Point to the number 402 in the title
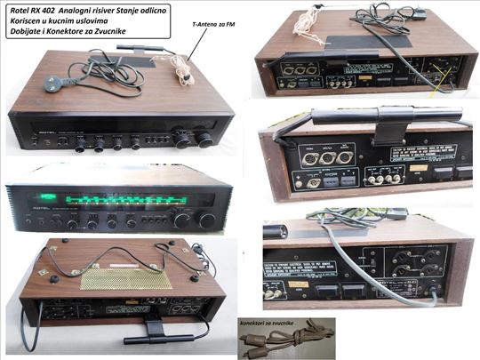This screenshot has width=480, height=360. click(x=52, y=9)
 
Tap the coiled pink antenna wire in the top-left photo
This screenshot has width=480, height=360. click(x=185, y=67)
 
